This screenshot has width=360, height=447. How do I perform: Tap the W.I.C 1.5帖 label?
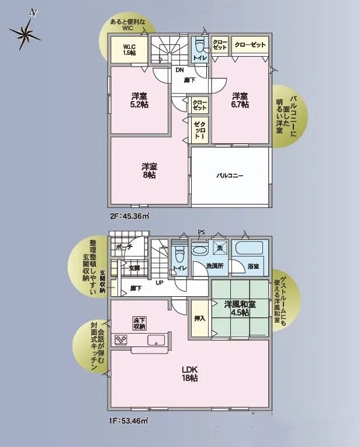(x=129, y=50)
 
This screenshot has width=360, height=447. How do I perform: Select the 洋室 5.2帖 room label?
(x=139, y=100)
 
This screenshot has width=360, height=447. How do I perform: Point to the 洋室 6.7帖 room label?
(x=240, y=100)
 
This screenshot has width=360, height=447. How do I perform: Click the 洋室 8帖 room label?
(x=150, y=171)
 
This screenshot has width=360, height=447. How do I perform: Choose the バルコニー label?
(x=230, y=175)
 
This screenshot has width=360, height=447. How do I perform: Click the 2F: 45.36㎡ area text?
(x=129, y=216)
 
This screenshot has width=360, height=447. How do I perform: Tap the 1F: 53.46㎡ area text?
(x=129, y=420)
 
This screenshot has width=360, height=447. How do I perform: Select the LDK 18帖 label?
(x=190, y=374)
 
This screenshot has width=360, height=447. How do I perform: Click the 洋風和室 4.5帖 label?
(x=240, y=308)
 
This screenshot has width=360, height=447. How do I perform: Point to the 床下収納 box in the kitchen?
(x=139, y=323)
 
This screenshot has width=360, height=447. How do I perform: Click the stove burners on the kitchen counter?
(x=121, y=339)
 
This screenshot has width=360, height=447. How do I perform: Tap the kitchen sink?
(x=156, y=340)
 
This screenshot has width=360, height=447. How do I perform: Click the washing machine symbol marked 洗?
(x=220, y=247)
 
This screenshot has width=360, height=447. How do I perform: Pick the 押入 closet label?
(x=200, y=318)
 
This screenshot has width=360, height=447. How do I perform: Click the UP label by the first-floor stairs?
(x=160, y=283)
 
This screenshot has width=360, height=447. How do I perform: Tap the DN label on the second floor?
(x=179, y=70)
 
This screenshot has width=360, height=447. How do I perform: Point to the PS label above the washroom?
(x=202, y=233)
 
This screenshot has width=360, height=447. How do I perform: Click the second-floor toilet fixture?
(x=199, y=46)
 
